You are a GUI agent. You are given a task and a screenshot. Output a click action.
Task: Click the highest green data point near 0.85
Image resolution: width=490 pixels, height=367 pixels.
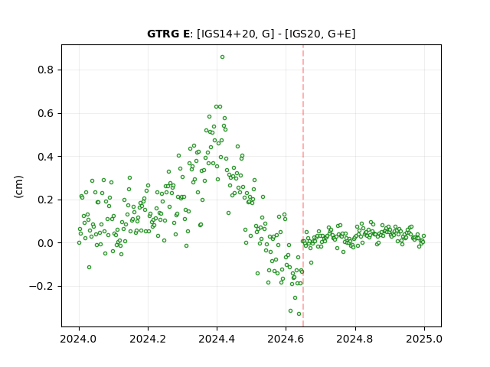pyautogui.click(x=222, y=57)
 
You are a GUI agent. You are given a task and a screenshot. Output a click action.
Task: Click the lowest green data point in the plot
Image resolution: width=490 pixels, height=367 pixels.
pyautogui.click(x=299, y=314)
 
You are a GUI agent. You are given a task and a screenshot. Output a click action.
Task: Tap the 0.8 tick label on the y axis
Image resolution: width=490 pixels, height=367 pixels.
pyautogui.click(x=46, y=70)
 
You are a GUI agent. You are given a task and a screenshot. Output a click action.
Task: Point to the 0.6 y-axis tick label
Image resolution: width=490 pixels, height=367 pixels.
pyautogui.click(x=46, y=113)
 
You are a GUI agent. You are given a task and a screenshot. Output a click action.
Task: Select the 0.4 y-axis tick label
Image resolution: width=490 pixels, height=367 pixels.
pyautogui.click(x=46, y=157)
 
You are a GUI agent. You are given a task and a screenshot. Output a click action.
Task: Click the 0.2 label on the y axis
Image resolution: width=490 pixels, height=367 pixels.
pyautogui.click(x=46, y=200)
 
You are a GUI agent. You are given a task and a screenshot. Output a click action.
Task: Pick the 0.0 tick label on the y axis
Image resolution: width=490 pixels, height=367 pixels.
pyautogui.click(x=46, y=243)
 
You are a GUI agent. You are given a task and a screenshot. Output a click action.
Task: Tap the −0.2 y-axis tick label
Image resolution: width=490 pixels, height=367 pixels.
pyautogui.click(x=41, y=287)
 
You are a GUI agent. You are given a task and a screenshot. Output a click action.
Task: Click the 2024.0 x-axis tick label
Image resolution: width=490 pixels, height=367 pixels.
pyautogui.click(x=79, y=339)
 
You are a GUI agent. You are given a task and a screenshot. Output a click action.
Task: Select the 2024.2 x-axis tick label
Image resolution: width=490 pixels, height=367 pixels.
pyautogui.click(x=148, y=339)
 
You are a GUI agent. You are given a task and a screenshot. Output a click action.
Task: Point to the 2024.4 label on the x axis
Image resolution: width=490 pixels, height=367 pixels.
pyautogui.click(x=217, y=339)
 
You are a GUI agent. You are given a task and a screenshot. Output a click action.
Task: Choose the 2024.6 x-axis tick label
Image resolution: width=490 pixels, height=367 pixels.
pyautogui.click(x=286, y=339)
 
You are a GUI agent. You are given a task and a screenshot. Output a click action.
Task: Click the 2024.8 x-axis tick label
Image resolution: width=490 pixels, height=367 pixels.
pyautogui.click(x=355, y=339)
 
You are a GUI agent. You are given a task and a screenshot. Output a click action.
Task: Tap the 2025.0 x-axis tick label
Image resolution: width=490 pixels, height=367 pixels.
pyautogui.click(x=424, y=339)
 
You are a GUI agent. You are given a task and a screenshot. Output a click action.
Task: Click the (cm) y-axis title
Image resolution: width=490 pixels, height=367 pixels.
pyautogui.click(x=18, y=187)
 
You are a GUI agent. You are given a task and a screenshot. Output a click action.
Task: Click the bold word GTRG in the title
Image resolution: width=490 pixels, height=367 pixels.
pyautogui.click(x=164, y=34)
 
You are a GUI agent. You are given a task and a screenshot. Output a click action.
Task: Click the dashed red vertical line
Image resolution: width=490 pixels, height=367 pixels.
pyautogui.click(x=303, y=186)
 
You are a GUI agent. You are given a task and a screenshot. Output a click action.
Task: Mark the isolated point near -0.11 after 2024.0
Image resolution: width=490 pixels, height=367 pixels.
pyautogui.click(x=89, y=267)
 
